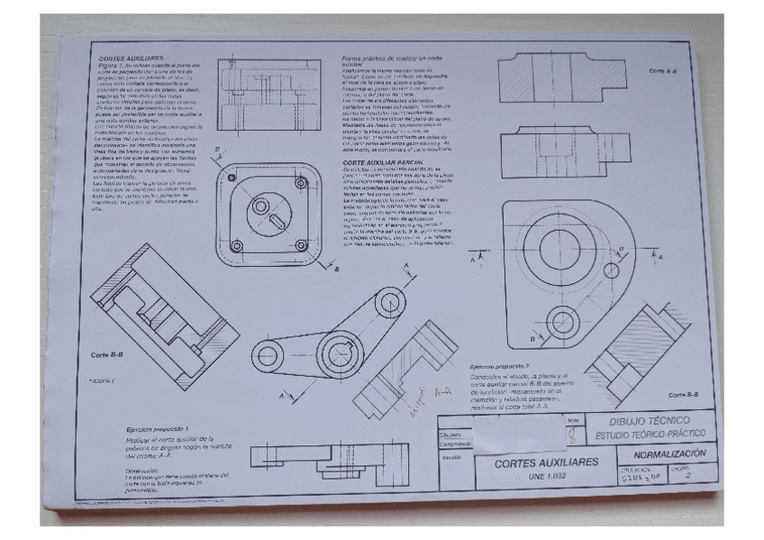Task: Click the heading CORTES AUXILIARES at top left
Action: click(x=126, y=58)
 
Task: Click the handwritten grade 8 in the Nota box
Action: click(x=573, y=435)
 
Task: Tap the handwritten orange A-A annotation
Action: click(x=442, y=393)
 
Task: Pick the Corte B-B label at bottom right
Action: click(x=686, y=395)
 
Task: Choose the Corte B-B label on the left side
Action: click(x=108, y=354)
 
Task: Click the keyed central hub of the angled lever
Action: click(x=333, y=347)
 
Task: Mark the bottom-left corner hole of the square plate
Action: click(x=236, y=246)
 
